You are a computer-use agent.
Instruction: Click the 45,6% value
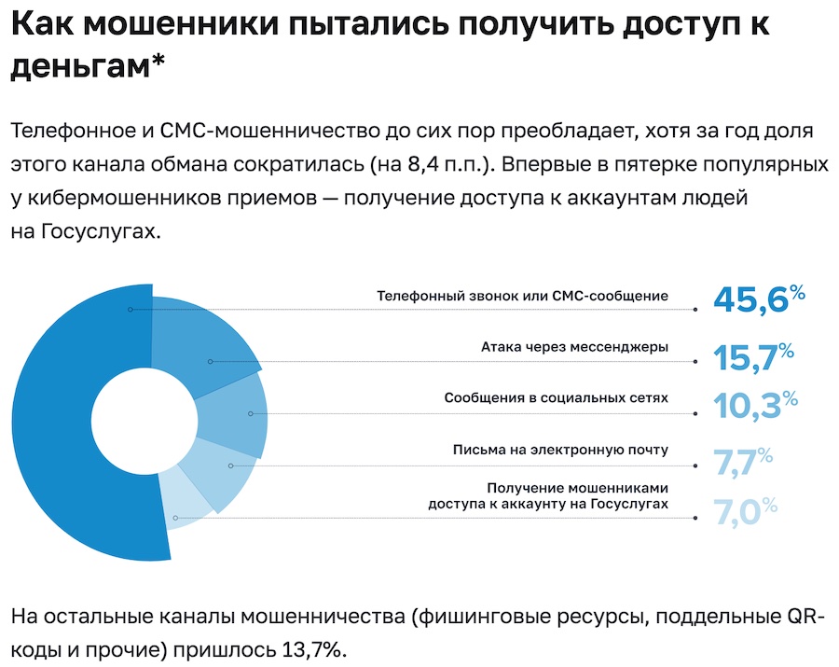758,299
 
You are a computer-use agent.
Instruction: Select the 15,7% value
753,355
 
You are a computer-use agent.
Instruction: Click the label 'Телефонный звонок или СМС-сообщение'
522,296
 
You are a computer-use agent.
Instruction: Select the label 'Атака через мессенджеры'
574,347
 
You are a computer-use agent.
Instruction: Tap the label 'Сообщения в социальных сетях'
556,397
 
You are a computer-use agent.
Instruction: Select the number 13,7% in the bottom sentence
314,648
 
